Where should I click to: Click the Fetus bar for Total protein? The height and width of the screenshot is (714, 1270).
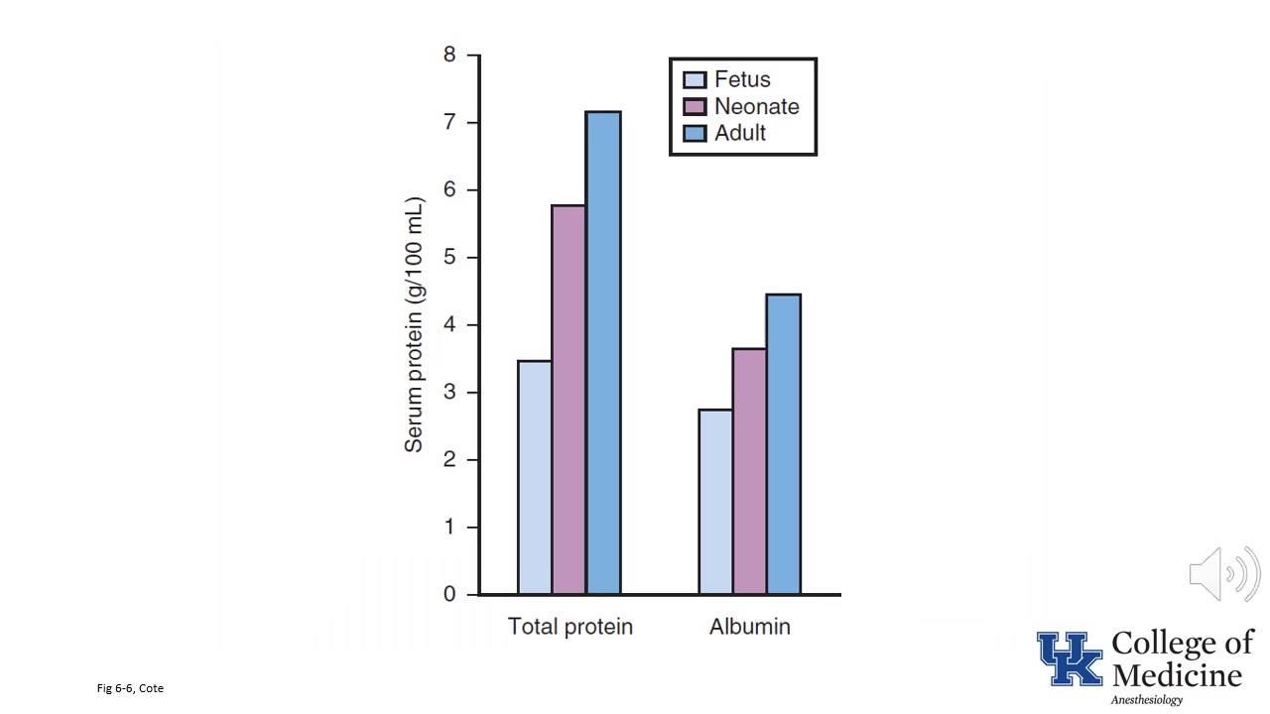[x=535, y=477]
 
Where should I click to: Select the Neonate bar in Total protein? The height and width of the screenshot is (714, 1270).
[x=569, y=400]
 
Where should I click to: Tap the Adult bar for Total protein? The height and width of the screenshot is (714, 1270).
[x=603, y=352]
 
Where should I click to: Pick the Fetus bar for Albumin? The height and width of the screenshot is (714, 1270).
[x=715, y=502]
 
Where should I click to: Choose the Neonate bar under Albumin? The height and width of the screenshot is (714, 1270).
[x=749, y=471]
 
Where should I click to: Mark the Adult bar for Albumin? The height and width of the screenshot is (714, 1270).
[x=784, y=444]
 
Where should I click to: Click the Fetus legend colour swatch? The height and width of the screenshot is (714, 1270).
[x=695, y=80]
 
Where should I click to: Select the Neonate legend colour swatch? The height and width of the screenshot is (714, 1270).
[x=695, y=106]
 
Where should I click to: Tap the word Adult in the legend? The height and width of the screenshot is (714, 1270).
[x=740, y=133]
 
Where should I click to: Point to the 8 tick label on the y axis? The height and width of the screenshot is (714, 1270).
[x=449, y=55]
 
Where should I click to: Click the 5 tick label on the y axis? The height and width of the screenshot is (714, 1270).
[x=449, y=257]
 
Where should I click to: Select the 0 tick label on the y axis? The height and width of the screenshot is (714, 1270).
[x=449, y=594]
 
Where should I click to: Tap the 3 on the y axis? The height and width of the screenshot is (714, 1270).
[x=449, y=392]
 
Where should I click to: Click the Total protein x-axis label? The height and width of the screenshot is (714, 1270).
[x=570, y=627]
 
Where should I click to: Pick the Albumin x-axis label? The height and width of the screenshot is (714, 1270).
[x=749, y=627]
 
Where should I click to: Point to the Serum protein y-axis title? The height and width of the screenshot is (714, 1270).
[x=415, y=324]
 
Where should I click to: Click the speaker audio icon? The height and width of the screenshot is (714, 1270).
[x=1224, y=574]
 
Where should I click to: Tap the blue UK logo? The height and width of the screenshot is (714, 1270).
[x=1070, y=658]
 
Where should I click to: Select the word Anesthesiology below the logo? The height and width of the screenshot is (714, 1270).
[x=1146, y=700]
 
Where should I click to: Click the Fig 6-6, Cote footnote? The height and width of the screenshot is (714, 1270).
[x=130, y=688]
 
